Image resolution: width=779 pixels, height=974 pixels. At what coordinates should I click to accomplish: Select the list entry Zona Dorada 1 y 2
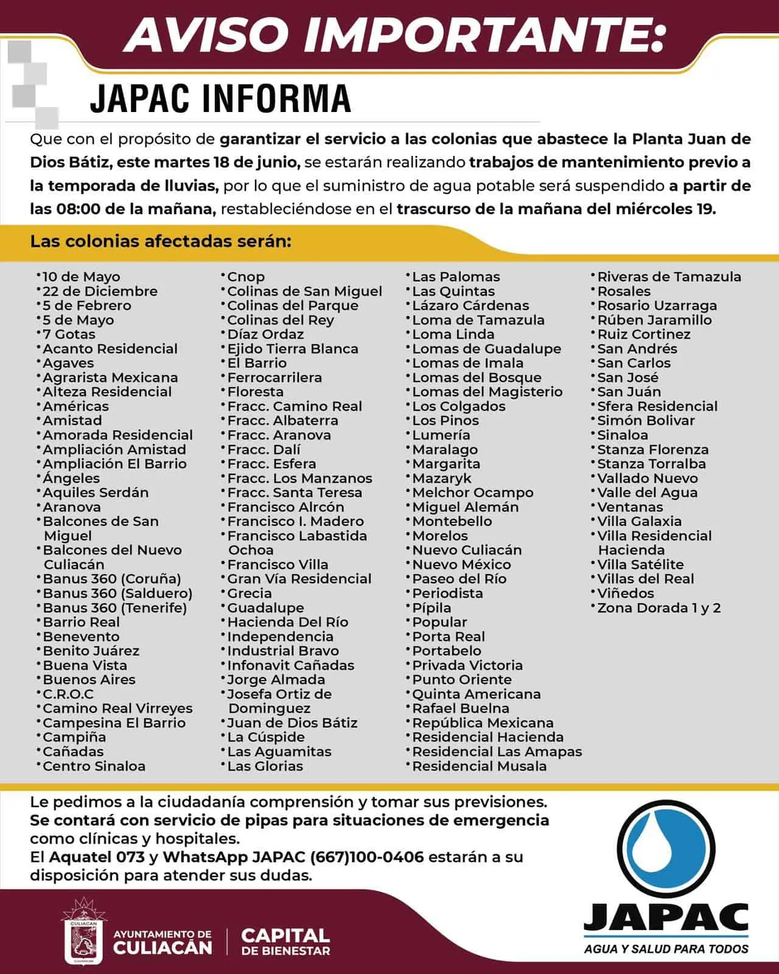(658, 608)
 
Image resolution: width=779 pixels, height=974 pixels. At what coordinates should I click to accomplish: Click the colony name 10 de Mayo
(81, 277)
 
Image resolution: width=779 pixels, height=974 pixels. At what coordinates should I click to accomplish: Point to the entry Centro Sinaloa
(94, 766)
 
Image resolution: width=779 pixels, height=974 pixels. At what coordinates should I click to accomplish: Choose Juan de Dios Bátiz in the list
(292, 723)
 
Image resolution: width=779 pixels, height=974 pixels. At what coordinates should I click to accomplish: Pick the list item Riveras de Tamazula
(669, 277)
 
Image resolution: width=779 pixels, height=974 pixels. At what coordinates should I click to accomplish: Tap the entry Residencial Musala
(479, 766)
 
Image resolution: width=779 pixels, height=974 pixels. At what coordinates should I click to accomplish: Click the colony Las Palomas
(456, 277)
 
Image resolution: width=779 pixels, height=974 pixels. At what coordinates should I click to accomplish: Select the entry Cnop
(246, 277)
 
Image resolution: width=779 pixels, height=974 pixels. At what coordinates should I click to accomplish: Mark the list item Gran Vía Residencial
(299, 579)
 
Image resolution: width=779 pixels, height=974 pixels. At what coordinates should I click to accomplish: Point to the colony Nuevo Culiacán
(467, 550)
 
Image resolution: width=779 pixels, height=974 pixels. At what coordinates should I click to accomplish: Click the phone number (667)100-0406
(366, 857)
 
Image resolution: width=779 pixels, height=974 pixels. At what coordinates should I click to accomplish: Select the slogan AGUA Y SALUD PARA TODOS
(666, 948)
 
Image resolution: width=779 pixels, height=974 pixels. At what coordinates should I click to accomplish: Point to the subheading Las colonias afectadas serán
(161, 241)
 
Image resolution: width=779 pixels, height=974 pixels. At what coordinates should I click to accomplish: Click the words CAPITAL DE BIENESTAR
(285, 941)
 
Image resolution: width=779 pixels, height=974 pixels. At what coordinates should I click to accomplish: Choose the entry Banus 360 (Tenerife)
(114, 608)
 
